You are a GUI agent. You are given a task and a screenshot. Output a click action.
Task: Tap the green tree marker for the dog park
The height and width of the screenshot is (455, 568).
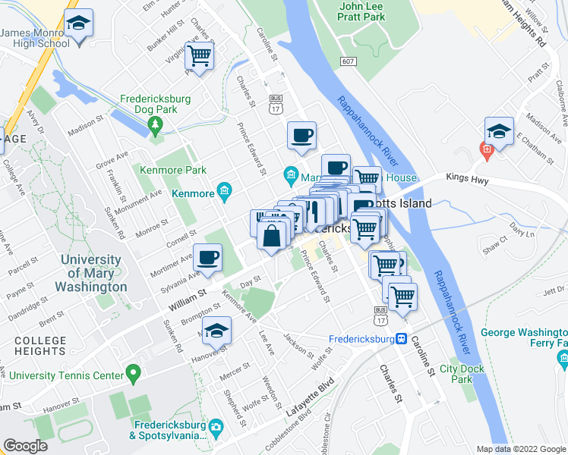tap(156, 123)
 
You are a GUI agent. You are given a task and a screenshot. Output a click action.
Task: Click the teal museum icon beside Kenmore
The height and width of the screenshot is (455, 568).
tap(224, 190)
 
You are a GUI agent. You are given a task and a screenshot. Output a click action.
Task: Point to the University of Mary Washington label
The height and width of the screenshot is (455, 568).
tap(93, 274)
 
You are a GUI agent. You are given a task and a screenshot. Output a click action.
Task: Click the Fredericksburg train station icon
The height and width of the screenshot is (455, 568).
tap(400, 339)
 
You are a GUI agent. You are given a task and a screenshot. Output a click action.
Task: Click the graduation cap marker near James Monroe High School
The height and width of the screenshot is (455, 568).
tap(77, 24)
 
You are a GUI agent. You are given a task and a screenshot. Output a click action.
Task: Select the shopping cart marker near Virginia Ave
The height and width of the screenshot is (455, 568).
tap(200, 56)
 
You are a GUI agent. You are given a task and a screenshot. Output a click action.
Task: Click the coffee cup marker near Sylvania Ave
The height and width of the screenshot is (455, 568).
tap(208, 257)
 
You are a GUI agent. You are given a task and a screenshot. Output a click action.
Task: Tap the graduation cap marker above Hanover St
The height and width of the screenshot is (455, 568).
tap(217, 331)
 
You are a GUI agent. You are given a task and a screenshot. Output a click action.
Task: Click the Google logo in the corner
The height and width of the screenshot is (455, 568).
tap(25, 446)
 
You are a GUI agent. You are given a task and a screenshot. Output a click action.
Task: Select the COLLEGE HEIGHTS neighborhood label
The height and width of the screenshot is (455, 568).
tap(40, 346)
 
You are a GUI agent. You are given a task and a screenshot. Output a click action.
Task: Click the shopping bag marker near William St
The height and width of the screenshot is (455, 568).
tap(272, 236)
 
